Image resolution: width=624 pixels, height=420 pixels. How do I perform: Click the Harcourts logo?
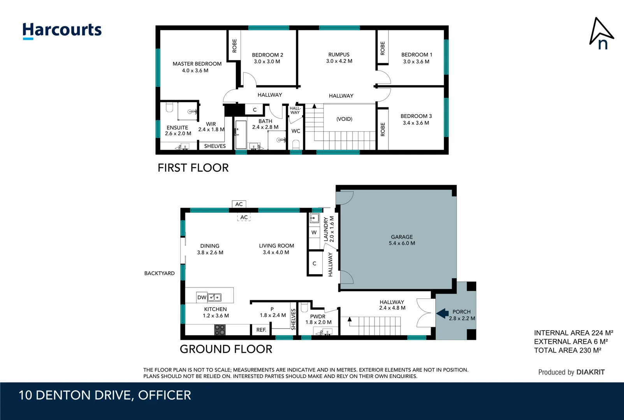coord(62,30)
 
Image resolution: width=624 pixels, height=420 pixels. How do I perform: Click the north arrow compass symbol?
coord(601,33)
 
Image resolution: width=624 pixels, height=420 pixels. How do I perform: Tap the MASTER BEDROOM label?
coord(197,64)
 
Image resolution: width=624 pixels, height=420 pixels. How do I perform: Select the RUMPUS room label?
coord(339,55)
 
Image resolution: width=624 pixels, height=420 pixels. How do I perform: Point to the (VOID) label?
coord(344,119)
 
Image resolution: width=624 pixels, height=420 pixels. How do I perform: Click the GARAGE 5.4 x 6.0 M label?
coord(402,240)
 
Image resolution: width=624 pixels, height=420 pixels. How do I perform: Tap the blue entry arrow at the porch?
coord(442,313)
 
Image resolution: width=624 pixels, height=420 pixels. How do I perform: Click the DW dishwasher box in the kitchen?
coord(202,297)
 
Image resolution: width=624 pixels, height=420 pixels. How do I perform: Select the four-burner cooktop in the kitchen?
coord(220,330)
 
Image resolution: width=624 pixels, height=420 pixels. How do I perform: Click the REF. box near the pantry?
coord(261,330)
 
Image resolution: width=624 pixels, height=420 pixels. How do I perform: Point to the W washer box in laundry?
coord(314,233)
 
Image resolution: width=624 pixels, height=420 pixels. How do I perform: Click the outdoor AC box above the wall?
coord(239,204)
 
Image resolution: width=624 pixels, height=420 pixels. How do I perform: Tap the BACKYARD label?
coord(159,273)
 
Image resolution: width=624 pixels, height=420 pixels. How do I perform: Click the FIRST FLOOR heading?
coord(193,168)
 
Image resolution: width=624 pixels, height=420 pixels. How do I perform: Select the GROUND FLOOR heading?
coord(226,349)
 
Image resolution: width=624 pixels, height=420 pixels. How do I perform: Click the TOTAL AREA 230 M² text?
coord(567,350)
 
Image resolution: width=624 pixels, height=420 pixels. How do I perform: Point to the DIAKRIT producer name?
coord(590,372)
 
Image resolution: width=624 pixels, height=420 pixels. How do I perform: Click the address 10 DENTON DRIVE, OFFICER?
coord(105,395)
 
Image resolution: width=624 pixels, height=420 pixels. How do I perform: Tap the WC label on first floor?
coord(296,131)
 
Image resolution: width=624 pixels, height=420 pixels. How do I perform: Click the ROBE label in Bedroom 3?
coord(383,129)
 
